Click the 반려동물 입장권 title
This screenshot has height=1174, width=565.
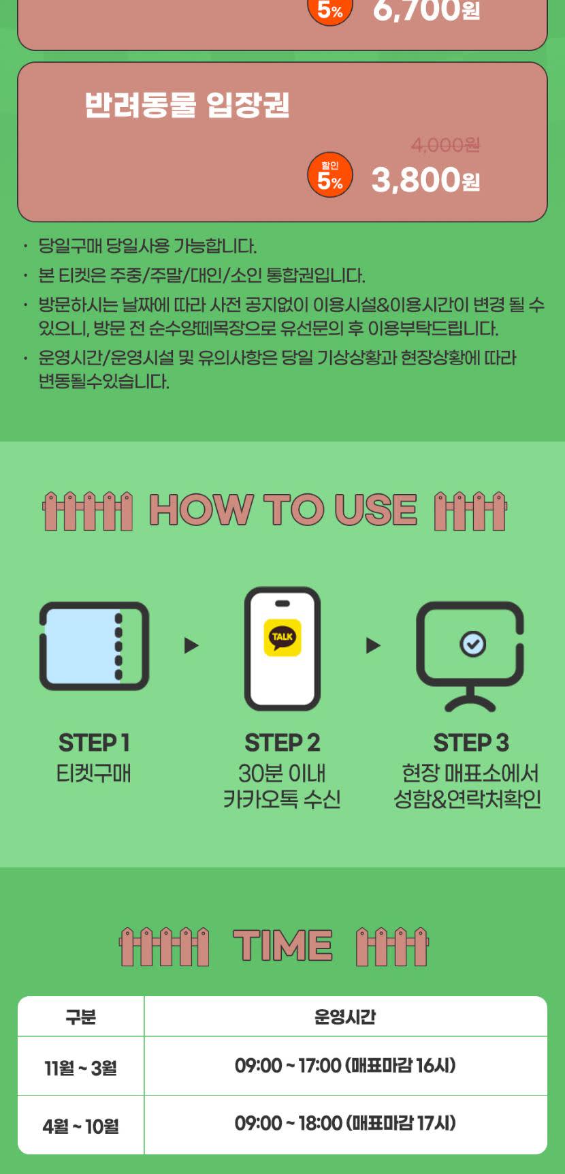(187, 105)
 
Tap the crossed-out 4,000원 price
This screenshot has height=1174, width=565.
(445, 145)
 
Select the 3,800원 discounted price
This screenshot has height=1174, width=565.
(425, 180)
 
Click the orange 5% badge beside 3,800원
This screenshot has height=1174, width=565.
(330, 174)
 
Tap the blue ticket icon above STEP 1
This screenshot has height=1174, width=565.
(95, 646)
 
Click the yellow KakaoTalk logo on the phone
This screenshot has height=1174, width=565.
(282, 638)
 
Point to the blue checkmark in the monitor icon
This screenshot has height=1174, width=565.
(472, 643)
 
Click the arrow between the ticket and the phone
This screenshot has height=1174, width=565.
(191, 645)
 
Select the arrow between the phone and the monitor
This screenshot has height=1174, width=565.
(373, 645)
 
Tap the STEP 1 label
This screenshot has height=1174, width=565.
(94, 743)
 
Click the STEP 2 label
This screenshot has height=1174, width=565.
(282, 743)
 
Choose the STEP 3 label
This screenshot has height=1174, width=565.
(471, 743)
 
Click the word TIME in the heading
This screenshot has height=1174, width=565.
(282, 946)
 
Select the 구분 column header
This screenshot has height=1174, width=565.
(80, 1017)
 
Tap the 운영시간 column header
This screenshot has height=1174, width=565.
(345, 1017)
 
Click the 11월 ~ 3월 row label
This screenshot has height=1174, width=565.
(80, 1068)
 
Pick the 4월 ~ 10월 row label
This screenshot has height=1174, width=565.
(80, 1126)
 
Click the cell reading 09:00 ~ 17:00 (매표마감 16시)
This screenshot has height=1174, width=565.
(345, 1065)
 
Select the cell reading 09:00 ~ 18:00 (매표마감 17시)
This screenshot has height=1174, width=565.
(345, 1123)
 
